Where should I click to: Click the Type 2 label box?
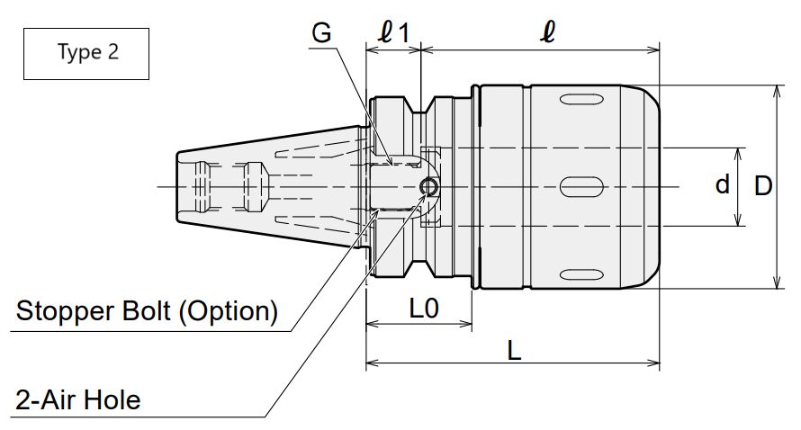(x=86, y=54)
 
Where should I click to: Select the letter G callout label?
(x=321, y=33)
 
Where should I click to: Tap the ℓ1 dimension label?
(x=393, y=32)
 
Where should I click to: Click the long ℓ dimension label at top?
(x=547, y=31)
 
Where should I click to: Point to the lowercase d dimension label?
(x=723, y=184)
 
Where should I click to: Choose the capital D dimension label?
(x=763, y=186)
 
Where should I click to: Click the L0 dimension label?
(x=424, y=309)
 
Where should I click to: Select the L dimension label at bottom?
(x=514, y=351)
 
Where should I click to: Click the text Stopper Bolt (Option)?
(x=147, y=311)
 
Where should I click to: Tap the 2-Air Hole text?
(x=77, y=400)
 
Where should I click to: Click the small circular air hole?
(x=429, y=187)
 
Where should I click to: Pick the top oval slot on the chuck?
(x=581, y=99)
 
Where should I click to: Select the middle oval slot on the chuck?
(x=581, y=187)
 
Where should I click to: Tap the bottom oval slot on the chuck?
(x=581, y=274)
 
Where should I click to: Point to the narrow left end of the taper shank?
(x=177, y=186)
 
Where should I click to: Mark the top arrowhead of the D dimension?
(x=777, y=92)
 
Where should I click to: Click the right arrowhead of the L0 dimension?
(x=465, y=324)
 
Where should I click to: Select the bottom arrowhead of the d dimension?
(x=737, y=219)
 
